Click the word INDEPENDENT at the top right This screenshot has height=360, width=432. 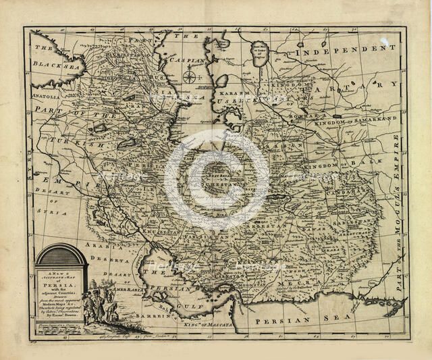pos(342,52)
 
